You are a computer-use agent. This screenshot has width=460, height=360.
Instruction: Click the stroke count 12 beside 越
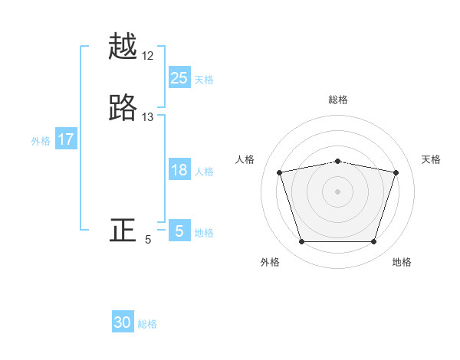(148, 56)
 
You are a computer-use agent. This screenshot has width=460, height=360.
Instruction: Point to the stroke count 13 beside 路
(148, 116)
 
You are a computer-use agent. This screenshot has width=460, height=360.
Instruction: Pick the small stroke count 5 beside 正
(148, 239)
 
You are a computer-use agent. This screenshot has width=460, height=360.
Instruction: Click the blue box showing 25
(179, 77)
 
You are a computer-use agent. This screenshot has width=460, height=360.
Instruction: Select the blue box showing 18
(179, 170)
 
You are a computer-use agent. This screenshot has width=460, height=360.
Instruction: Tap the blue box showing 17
(65, 139)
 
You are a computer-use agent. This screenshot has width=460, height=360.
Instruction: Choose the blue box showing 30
(123, 322)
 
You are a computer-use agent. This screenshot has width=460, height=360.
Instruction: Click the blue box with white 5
(179, 231)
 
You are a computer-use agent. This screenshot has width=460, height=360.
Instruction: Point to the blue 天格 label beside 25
(204, 79)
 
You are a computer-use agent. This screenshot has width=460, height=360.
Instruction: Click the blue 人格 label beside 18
(204, 172)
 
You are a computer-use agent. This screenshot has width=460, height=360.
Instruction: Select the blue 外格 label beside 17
(41, 140)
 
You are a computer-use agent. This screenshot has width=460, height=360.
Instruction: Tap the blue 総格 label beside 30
(147, 324)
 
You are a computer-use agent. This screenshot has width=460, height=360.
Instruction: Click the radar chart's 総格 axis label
(337, 100)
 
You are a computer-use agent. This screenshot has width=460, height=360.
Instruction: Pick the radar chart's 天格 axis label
(431, 159)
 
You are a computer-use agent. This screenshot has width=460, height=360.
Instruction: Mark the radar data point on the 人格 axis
(280, 172)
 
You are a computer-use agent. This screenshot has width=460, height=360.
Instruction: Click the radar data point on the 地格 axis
(373, 242)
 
